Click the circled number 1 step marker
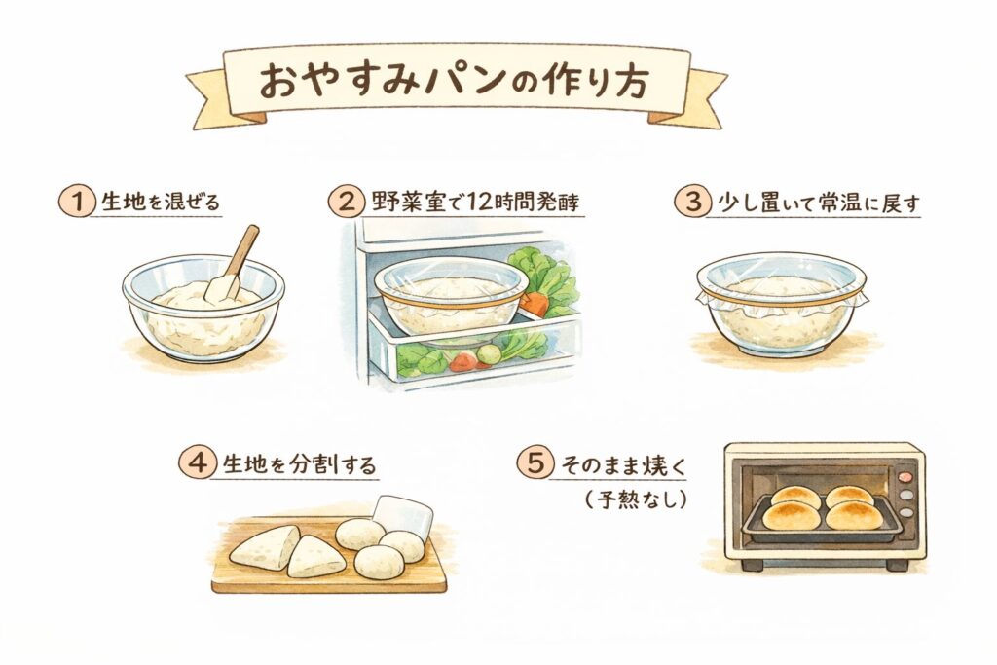[76, 203]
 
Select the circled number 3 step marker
[692, 203]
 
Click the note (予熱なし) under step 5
[636, 500]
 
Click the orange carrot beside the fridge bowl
[535, 303]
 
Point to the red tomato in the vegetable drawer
[462, 362]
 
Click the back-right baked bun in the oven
[849, 496]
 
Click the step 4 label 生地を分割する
[300, 464]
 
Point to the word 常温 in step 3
[818, 203]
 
